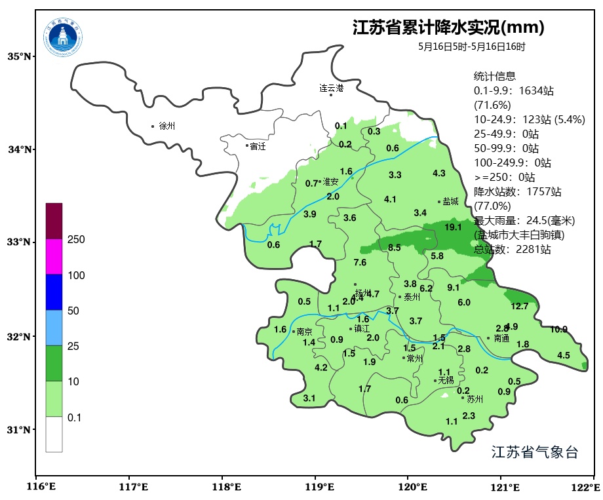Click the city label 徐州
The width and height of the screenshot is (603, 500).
(x=167, y=126)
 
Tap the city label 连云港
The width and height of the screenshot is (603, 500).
(x=331, y=87)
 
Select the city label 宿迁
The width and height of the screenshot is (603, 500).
(x=258, y=146)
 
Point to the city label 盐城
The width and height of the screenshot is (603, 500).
(x=450, y=202)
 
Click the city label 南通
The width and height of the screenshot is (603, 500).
(x=501, y=339)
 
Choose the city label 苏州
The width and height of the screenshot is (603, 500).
(x=475, y=398)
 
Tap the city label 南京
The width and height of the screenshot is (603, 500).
(x=304, y=332)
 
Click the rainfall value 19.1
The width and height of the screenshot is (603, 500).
(x=453, y=227)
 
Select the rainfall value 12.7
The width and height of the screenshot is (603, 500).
(x=519, y=306)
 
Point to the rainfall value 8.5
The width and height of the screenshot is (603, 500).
(x=394, y=247)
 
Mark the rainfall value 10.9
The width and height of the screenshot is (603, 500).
(x=558, y=329)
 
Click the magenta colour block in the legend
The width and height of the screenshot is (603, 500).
(x=54, y=256)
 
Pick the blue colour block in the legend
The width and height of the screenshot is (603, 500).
(x=54, y=292)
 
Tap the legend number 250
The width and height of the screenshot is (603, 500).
(x=76, y=240)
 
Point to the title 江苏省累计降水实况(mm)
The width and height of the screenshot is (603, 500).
(x=448, y=28)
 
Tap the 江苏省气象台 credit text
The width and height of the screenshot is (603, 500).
(x=534, y=452)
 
